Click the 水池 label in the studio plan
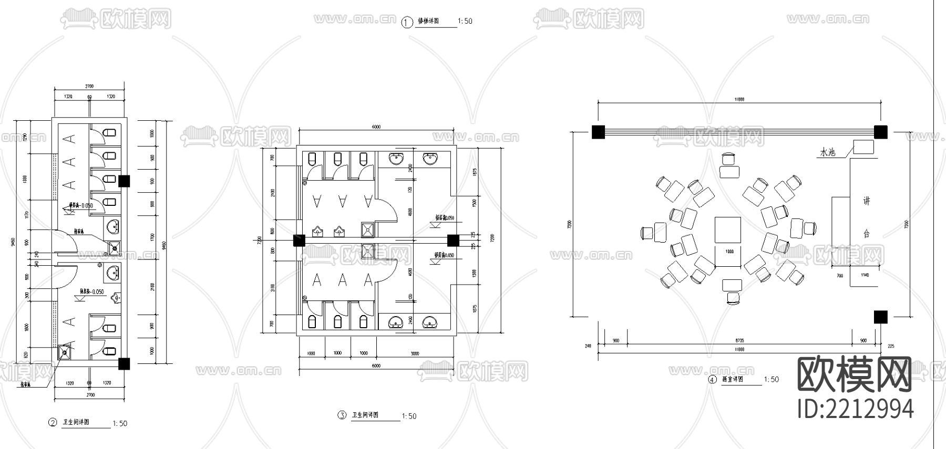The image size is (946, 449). click(x=827, y=153)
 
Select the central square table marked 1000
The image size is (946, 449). click(x=728, y=231)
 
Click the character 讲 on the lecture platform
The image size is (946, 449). click(x=866, y=201)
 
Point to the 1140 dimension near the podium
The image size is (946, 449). click(x=865, y=275)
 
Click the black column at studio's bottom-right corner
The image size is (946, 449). click(x=880, y=317)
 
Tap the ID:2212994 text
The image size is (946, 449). click(x=855, y=409)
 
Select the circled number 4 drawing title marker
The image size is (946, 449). click(x=713, y=380)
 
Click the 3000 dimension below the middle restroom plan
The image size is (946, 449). click(x=415, y=354)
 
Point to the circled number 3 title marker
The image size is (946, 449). click(x=342, y=415)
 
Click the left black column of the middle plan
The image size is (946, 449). click(x=299, y=241)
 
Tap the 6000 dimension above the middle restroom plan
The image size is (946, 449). click(x=376, y=127)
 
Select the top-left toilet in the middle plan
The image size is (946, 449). click(x=312, y=159)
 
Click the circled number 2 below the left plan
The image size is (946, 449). click(x=52, y=423)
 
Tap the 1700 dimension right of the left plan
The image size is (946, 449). click(x=152, y=237)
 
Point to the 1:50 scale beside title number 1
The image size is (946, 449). click(x=465, y=22)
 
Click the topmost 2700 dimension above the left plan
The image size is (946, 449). click(x=89, y=86)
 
